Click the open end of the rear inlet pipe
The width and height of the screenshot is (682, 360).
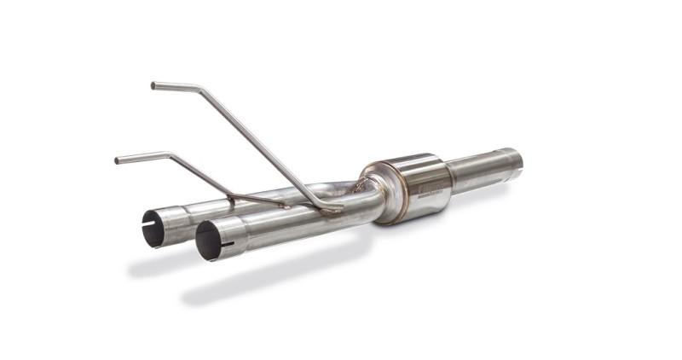tap(153, 228)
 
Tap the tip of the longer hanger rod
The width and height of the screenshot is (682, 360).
tap(154, 85)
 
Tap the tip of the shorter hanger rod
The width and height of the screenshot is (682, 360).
tap(118, 160)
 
